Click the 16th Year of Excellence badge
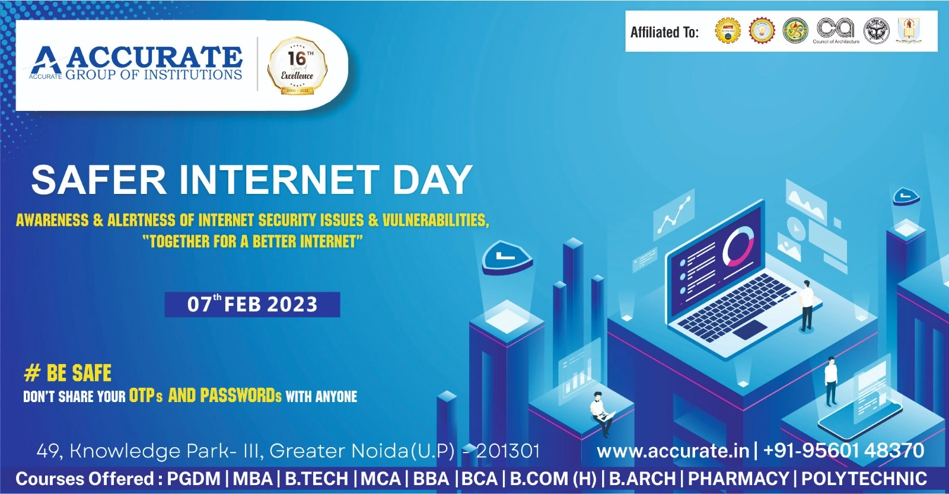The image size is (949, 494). point(297,66)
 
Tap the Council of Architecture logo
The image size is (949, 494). point(835,30)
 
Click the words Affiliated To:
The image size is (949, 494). point(664,32)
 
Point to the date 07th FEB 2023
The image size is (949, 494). point(252,304)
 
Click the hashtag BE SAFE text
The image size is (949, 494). point(68,373)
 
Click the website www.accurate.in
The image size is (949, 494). point(673,451)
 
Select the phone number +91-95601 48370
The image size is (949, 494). point(843,451)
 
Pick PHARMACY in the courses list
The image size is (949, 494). point(738,479)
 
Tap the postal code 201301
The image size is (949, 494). point(508,451)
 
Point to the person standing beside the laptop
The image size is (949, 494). point(806,305)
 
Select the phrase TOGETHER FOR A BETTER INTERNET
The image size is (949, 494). point(252,241)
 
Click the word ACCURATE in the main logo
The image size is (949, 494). point(154,58)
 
